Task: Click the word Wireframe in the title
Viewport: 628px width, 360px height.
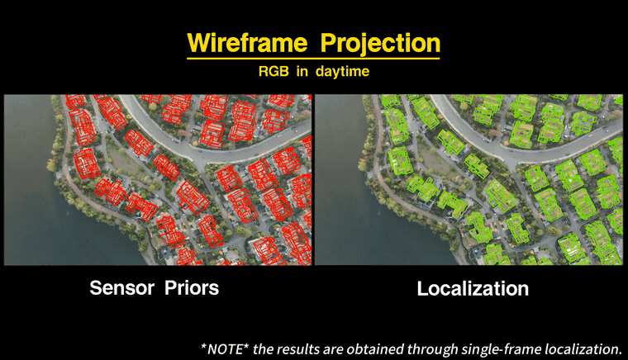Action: point(247,42)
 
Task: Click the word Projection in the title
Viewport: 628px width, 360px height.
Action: point(380,44)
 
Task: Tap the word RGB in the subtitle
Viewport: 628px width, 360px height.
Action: point(274,71)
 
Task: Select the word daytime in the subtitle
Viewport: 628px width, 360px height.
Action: point(342,72)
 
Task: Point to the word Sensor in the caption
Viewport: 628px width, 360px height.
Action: point(121,288)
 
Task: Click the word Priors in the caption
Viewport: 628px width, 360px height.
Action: point(192,288)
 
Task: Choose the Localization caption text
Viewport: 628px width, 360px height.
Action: point(473,289)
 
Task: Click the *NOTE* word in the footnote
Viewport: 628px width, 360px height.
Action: point(225,349)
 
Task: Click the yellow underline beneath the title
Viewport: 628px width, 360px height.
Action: point(313,59)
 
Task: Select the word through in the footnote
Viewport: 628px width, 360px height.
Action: point(432,349)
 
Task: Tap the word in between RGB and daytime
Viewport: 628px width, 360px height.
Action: point(302,71)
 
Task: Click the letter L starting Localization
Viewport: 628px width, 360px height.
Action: point(422,289)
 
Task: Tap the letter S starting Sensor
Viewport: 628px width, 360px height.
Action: point(96,288)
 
